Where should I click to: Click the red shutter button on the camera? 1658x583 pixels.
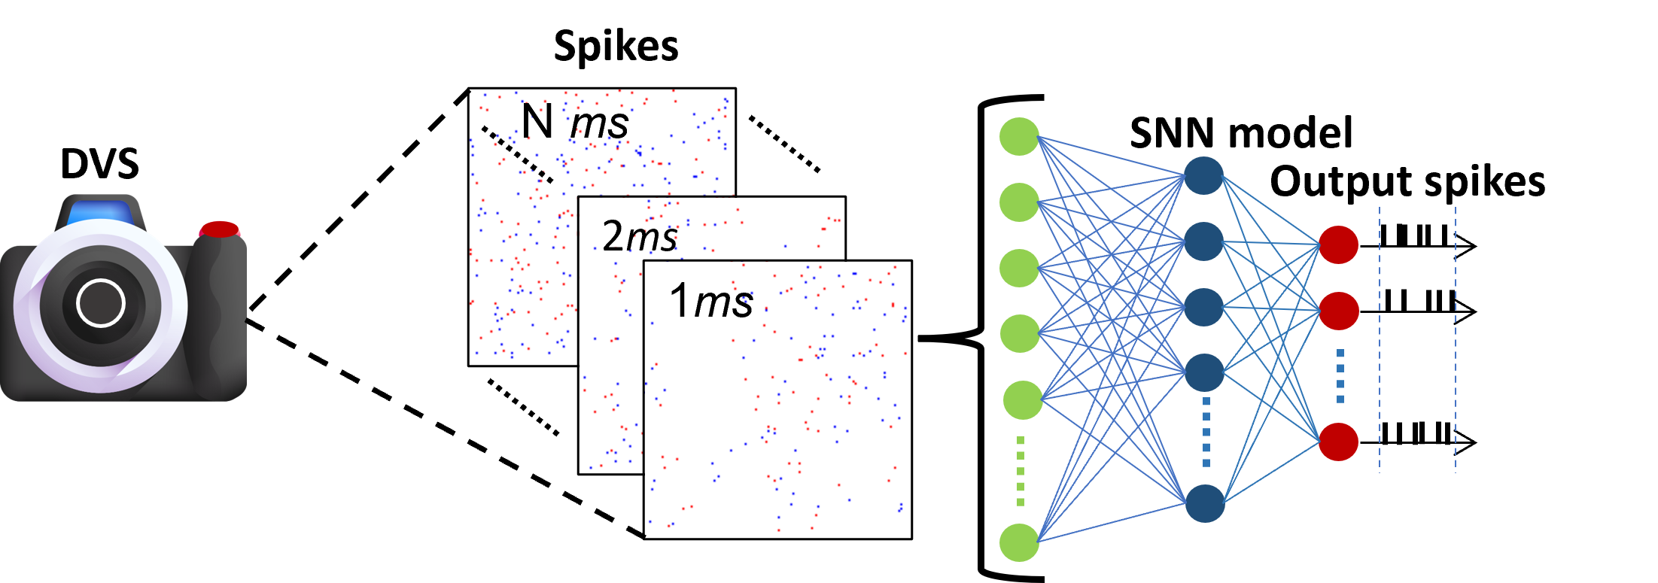pyautogui.click(x=219, y=229)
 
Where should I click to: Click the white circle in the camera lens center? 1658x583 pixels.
pyautogui.click(x=100, y=302)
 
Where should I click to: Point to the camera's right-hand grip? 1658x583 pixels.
pyautogui.click(x=218, y=316)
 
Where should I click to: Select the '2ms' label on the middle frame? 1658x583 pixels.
pyautogui.click(x=640, y=237)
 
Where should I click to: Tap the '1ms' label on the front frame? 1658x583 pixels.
pyautogui.click(x=710, y=301)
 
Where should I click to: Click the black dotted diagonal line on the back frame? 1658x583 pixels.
pyautogui.click(x=518, y=154)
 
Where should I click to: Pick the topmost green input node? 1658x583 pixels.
pyautogui.click(x=1019, y=136)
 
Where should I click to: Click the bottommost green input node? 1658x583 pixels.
pyautogui.click(x=1019, y=542)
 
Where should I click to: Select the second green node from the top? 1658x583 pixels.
pyautogui.click(x=1019, y=202)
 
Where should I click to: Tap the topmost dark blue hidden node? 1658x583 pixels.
pyautogui.click(x=1203, y=175)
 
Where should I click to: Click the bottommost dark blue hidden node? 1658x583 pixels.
pyautogui.click(x=1205, y=503)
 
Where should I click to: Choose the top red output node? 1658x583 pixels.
pyautogui.click(x=1338, y=244)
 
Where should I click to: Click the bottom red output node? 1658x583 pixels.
pyautogui.click(x=1338, y=442)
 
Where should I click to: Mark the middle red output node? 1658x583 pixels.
pyautogui.click(x=1339, y=311)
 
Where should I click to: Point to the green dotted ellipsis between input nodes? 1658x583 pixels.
pyautogui.click(x=1021, y=471)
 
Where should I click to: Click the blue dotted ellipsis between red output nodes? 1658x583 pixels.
pyautogui.click(x=1340, y=375)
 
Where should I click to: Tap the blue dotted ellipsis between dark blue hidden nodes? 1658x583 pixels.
pyautogui.click(x=1206, y=433)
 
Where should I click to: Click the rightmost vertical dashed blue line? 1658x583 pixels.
pyautogui.click(x=1456, y=339)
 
